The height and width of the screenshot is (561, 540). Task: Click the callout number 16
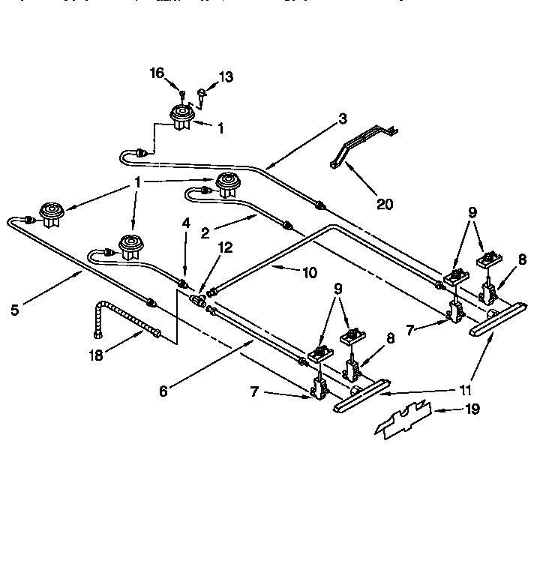[x=157, y=73]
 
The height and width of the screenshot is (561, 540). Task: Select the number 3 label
[x=342, y=118]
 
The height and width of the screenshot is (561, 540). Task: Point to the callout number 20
[x=385, y=203]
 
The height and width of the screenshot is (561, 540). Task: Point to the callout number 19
[x=472, y=409]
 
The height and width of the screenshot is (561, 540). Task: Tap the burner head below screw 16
[x=180, y=117]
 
